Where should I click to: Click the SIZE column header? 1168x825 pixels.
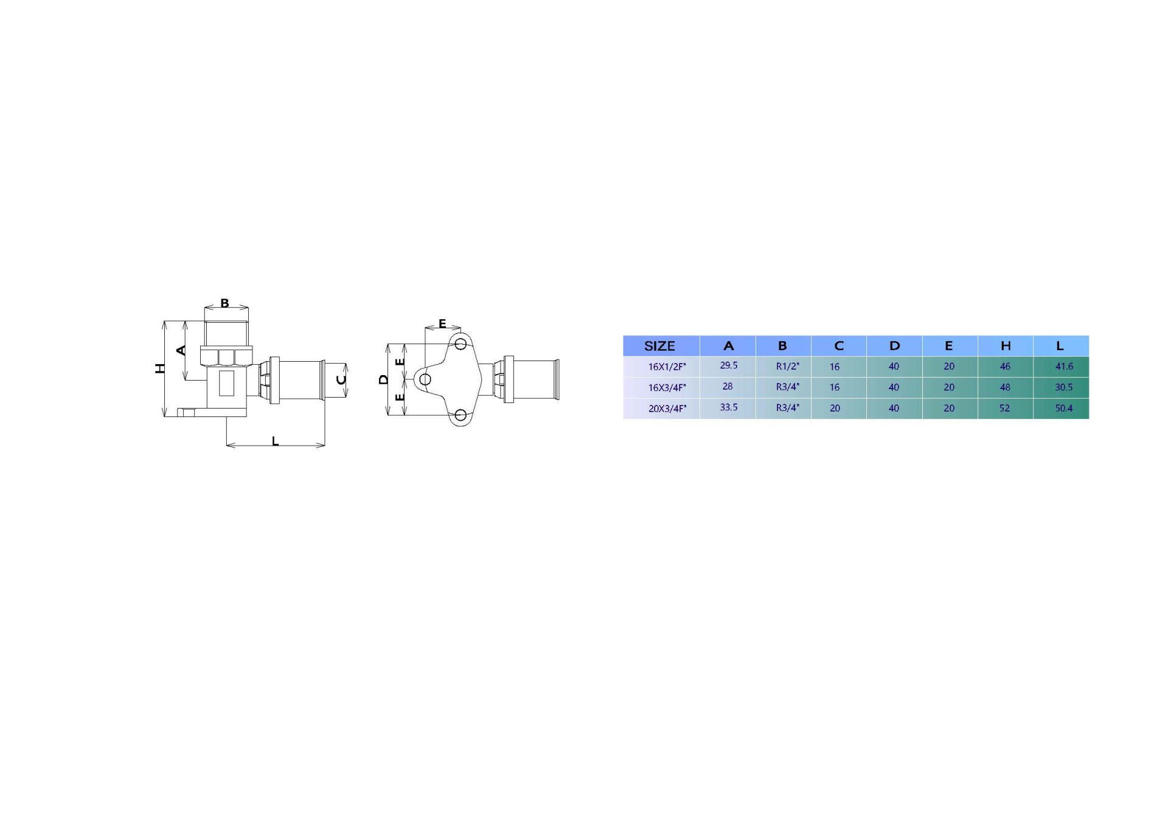[x=659, y=347]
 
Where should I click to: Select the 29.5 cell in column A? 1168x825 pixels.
[x=728, y=365]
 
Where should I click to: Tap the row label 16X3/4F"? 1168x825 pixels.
[x=667, y=387]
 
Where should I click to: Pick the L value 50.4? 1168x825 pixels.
[x=1063, y=408]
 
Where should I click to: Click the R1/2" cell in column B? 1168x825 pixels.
[x=787, y=366]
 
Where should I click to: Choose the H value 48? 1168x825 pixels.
[x=1004, y=387]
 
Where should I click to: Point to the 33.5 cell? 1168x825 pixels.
[x=728, y=407]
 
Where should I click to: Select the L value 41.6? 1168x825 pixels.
[x=1063, y=366]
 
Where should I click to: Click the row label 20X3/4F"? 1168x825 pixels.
[x=667, y=409]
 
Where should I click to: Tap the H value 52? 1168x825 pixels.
[x=1004, y=408]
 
